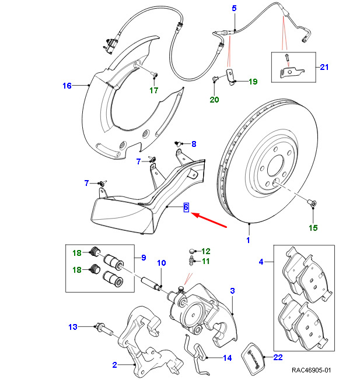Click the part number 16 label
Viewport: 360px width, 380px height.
tap(67, 86)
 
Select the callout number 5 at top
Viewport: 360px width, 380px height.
tap(234, 9)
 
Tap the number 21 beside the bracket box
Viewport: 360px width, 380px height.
tap(324, 67)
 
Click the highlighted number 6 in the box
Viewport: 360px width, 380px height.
tap(186, 207)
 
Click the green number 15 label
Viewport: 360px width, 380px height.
tap(313, 228)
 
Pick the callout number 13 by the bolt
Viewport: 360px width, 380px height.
tap(73, 327)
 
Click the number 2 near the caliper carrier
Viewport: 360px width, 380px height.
tap(114, 365)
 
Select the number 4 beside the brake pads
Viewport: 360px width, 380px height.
tap(261, 262)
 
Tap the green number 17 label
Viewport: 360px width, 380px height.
tap(153, 90)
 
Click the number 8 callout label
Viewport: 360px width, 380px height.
tap(194, 144)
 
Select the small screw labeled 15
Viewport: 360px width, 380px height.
tap(312, 203)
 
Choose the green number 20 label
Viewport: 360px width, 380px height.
tap(214, 100)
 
